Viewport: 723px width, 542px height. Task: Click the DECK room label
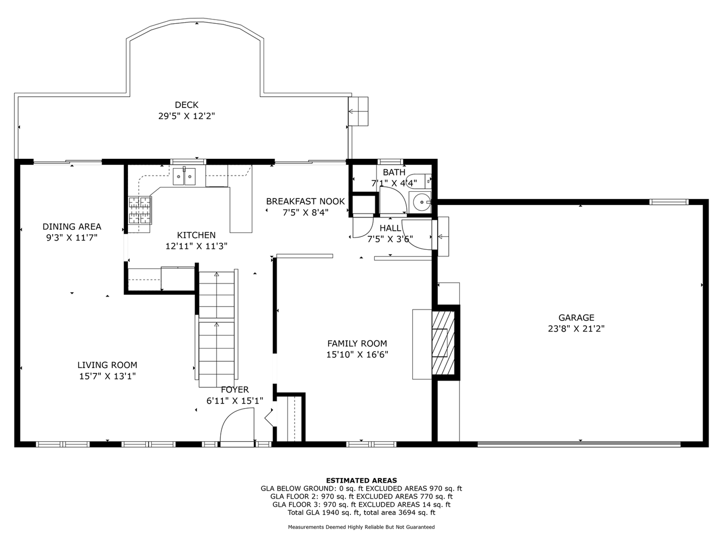(x=187, y=105)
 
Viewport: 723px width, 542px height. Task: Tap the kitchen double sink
(x=184, y=176)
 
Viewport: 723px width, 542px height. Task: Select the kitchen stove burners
(x=139, y=210)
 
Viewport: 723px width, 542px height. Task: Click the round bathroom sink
(x=420, y=202)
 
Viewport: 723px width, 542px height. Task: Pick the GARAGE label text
(x=576, y=318)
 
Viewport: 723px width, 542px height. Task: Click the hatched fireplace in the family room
(x=443, y=343)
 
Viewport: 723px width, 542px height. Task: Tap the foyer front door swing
(x=237, y=427)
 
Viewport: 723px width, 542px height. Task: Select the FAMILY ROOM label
(x=357, y=344)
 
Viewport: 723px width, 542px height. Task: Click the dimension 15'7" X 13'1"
(x=107, y=376)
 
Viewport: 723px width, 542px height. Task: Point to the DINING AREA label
(x=72, y=227)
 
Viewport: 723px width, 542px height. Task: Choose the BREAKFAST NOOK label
(x=305, y=202)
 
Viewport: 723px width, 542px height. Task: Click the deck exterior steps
(x=359, y=111)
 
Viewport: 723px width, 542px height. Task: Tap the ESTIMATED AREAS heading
(x=361, y=480)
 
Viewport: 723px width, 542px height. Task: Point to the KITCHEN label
(x=196, y=235)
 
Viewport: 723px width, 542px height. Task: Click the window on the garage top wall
(x=669, y=202)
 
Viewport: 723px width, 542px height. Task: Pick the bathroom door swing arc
(x=393, y=200)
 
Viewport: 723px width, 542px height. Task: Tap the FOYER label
(x=235, y=390)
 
